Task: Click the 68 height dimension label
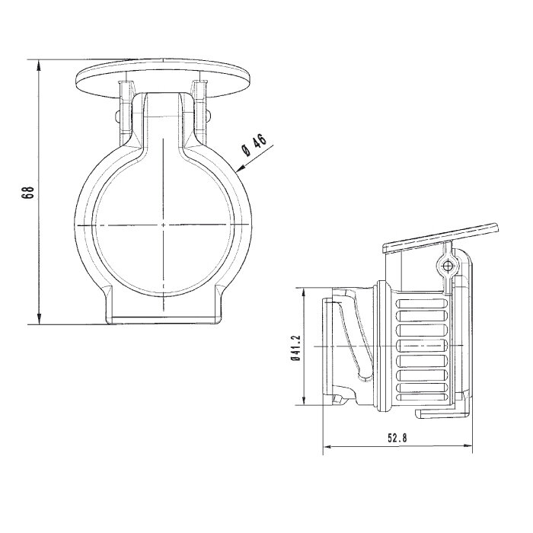pos(29,192)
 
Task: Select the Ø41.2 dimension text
pos(296,348)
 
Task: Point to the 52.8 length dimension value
pos(397,438)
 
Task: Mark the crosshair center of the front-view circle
pos(164,225)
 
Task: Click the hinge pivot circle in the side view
pos(448,265)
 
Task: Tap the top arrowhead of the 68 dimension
pos(39,65)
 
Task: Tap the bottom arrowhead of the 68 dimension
pos(39,319)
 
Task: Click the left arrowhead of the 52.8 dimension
pos(327,446)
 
